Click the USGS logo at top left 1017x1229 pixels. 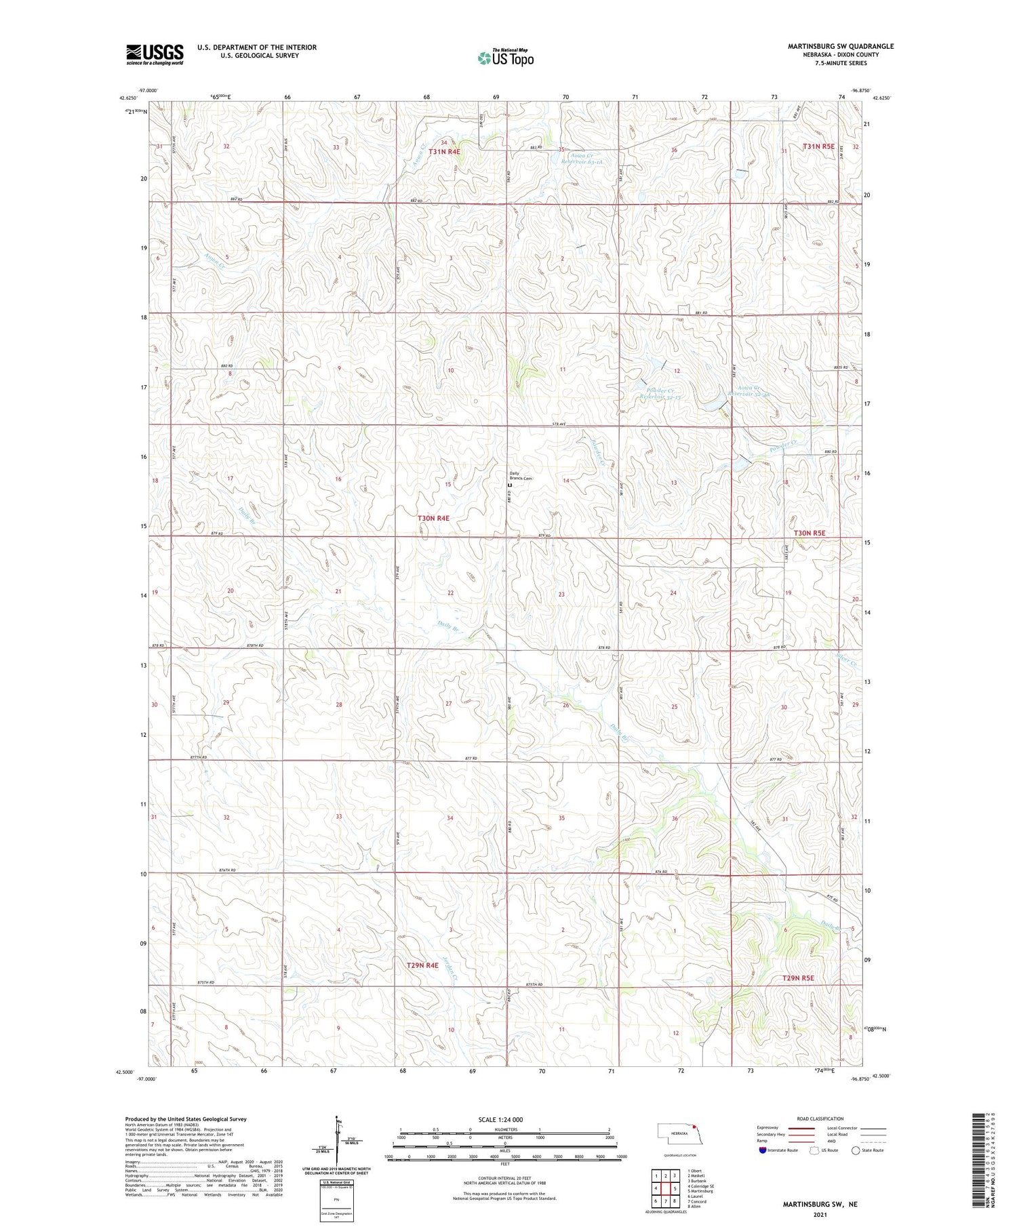[155, 54]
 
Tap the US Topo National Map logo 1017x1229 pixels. [505, 58]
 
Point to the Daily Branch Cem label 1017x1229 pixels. [521, 476]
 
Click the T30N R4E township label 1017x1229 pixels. [433, 518]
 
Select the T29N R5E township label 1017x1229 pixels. [797, 978]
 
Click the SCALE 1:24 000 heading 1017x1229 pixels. [504, 1120]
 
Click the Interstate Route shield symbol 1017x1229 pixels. [762, 1150]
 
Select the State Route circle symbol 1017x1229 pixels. [856, 1150]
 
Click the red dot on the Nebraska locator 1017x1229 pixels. [694, 1129]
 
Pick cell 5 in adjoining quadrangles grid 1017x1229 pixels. [675, 1188]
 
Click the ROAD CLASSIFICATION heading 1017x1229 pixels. [820, 1119]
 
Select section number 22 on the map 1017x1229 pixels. [450, 592]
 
